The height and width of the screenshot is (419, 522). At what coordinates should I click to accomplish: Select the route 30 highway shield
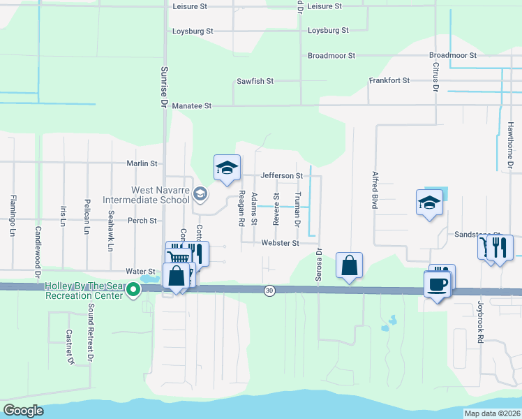point(269,291)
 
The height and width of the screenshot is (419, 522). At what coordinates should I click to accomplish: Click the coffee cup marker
point(438,284)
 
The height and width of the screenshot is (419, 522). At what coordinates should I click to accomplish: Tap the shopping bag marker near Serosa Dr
point(349,266)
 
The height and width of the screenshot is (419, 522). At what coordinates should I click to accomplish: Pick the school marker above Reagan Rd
point(227,168)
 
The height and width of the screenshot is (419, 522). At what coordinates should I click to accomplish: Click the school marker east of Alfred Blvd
point(429,203)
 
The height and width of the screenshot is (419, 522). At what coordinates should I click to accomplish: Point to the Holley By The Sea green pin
point(130,295)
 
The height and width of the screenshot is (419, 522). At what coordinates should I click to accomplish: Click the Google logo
point(23,411)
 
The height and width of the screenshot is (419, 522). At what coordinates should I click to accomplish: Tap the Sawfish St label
point(255,82)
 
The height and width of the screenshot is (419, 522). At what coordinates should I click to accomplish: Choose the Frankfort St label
point(389,81)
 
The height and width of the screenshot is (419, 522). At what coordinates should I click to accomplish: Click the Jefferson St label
point(281,176)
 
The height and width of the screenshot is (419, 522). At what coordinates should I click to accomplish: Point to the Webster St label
point(280,243)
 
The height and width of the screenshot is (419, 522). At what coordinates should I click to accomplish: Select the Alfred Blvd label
point(375,190)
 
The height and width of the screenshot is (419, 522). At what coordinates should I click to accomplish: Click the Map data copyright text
point(491,413)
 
